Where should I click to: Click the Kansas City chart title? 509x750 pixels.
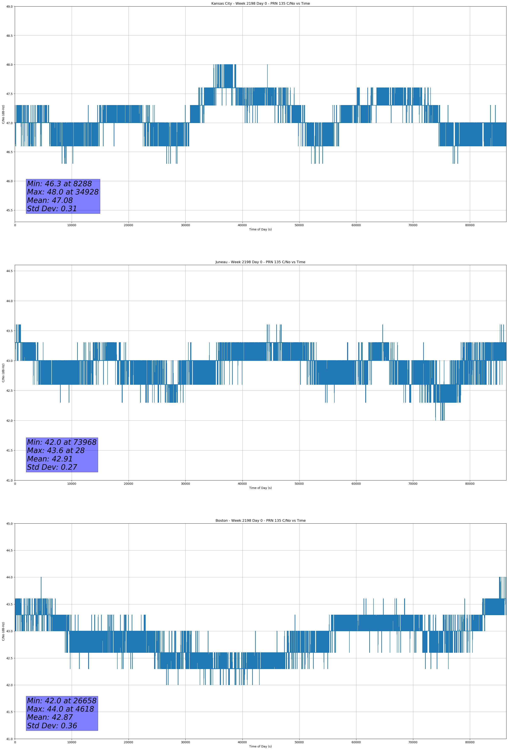tap(260, 4)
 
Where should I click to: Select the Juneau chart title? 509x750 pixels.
tap(260, 262)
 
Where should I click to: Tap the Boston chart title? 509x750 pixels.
tap(260, 521)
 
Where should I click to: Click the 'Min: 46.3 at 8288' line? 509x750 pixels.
tap(59, 184)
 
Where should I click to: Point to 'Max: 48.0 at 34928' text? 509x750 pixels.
tap(63, 192)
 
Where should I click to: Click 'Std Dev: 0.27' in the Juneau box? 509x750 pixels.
tap(52, 467)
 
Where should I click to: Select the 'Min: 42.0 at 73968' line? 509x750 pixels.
tap(62, 442)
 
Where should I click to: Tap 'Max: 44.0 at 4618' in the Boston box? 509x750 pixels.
tap(60, 709)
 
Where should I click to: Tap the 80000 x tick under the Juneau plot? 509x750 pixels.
tap(470, 484)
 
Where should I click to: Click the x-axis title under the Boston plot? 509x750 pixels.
tap(260, 746)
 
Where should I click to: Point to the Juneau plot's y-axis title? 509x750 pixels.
tap(3, 373)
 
